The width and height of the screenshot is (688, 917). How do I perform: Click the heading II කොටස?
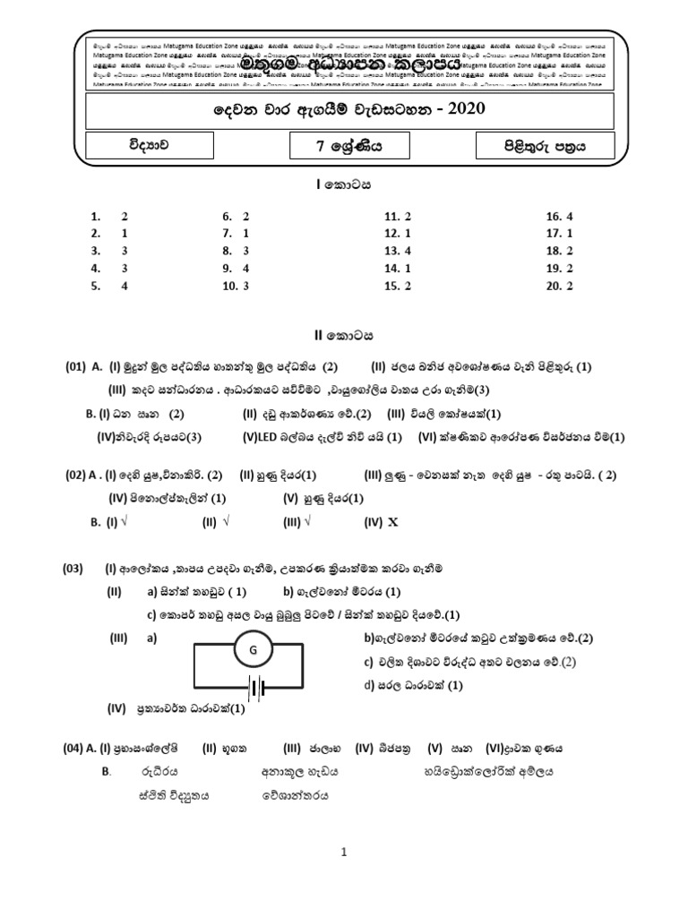[344, 335]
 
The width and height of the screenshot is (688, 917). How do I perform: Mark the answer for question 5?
[125, 286]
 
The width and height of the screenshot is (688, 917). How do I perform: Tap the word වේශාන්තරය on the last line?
[297, 793]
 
